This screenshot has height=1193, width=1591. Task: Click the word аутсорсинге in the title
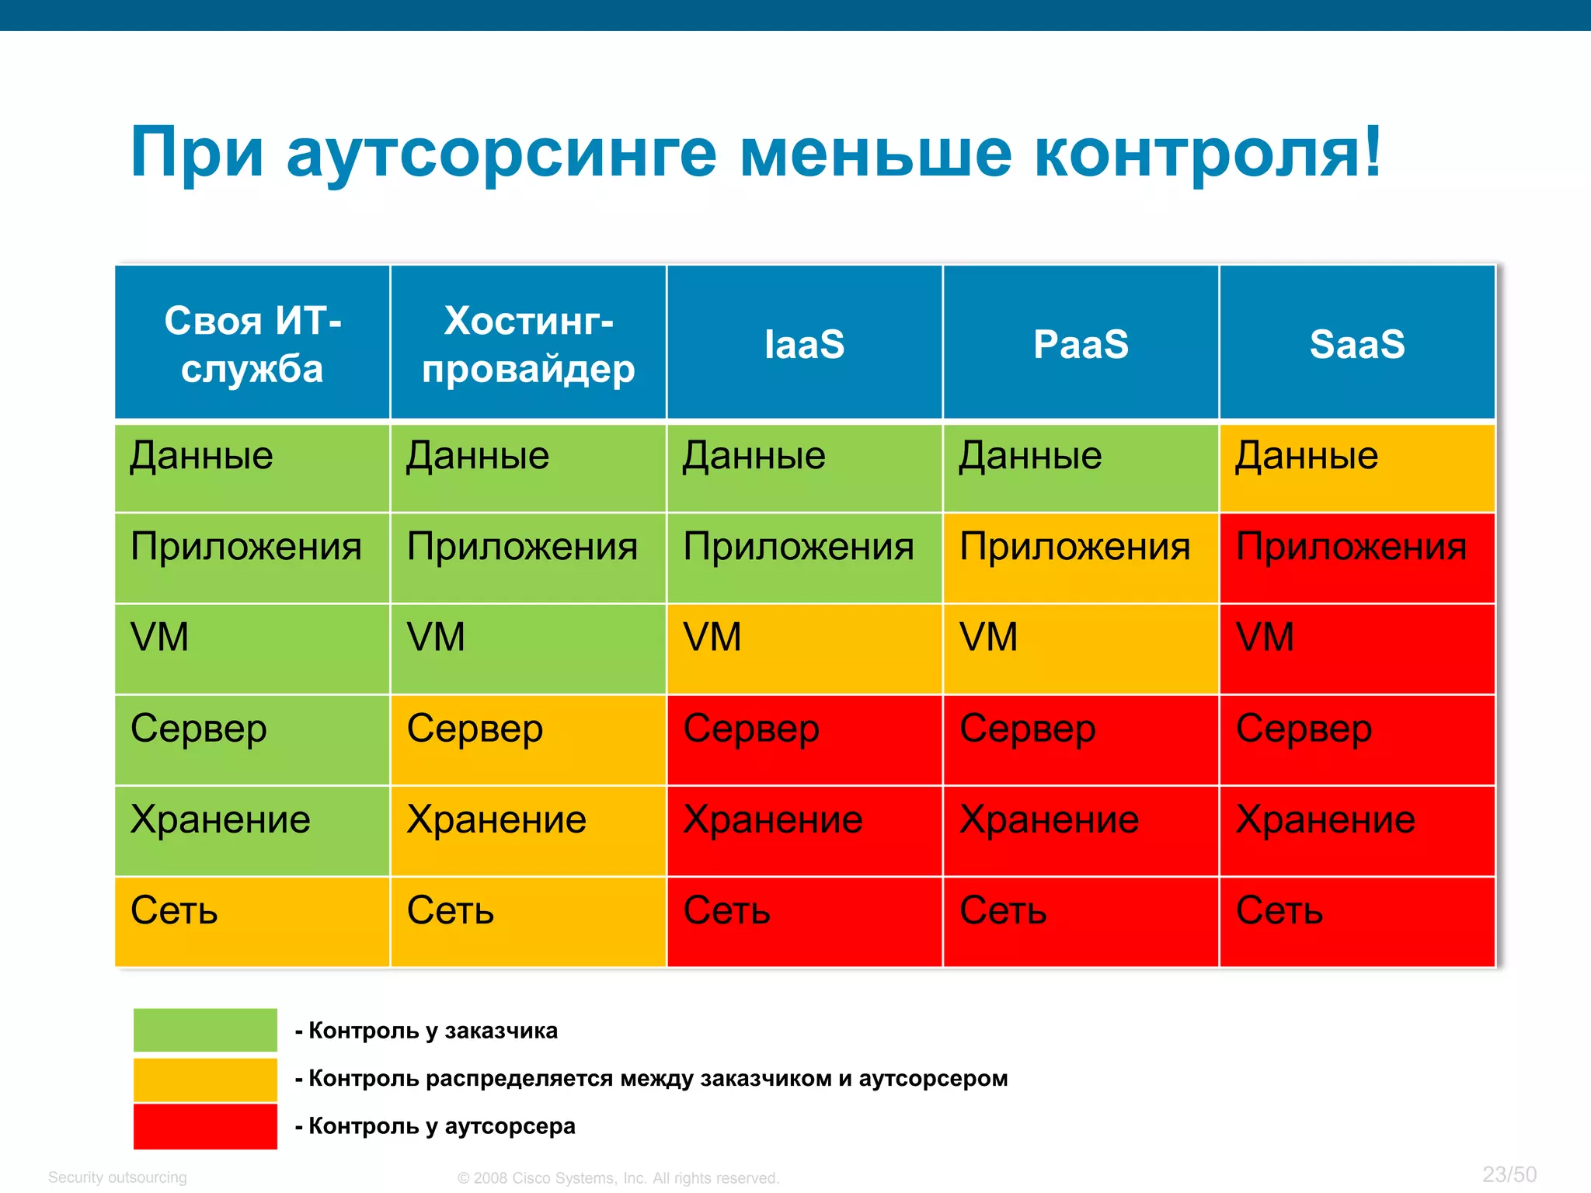501,153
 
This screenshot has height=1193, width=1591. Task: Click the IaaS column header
804,343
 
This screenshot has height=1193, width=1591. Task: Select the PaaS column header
1081,343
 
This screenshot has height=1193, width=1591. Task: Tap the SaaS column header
1356,343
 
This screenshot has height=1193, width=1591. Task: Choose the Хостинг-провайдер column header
528,343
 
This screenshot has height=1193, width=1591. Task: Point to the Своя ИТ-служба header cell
252,343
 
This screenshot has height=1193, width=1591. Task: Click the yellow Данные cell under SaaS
1356,467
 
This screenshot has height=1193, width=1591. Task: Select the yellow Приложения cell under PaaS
1081,558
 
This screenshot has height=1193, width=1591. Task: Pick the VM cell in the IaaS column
804,649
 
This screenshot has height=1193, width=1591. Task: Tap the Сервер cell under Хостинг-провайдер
528,739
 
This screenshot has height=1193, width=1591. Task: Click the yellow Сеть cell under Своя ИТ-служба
252,921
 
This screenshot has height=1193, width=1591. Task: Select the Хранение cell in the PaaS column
1081,830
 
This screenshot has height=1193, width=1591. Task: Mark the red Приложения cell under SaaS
1356,558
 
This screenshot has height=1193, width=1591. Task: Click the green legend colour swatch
205,1030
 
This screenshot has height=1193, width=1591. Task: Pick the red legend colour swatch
205,1126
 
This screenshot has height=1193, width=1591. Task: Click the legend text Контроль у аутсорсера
441,1126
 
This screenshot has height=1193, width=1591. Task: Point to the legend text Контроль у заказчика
433,1031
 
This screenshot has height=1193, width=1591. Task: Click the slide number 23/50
1509,1174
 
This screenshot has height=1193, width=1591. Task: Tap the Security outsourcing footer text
117,1177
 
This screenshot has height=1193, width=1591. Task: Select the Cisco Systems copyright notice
618,1178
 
